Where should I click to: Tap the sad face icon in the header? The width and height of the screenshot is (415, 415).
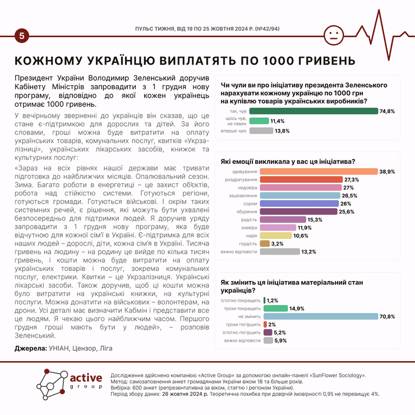point(334,35)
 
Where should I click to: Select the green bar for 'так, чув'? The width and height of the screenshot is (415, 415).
point(313,111)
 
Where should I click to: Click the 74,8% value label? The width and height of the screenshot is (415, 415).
point(387,111)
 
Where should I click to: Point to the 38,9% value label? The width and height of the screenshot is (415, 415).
point(387,171)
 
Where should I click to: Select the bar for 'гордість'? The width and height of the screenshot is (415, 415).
point(264,243)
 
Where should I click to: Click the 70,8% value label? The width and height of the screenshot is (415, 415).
point(388,316)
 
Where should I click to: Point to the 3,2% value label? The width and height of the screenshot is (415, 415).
point(277,243)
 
